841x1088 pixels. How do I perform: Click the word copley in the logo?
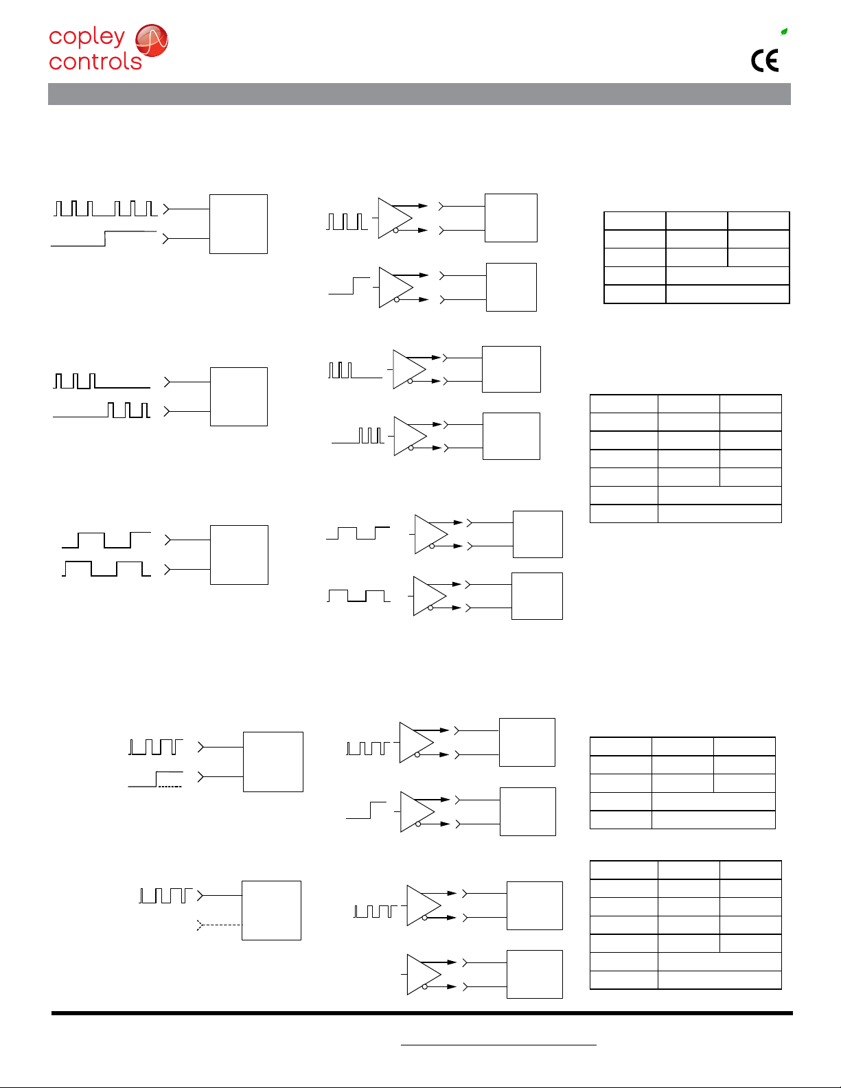(x=87, y=37)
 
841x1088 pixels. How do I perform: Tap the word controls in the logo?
(x=95, y=62)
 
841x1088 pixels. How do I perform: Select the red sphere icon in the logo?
(x=152, y=40)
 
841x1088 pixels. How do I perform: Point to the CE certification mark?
(x=764, y=60)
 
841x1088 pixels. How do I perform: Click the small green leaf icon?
(x=784, y=32)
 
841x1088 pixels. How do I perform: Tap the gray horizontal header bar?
(x=419, y=94)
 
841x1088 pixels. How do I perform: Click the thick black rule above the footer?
(x=422, y=1013)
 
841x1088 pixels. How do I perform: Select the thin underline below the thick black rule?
(x=498, y=1045)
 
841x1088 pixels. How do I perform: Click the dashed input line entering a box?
(x=220, y=925)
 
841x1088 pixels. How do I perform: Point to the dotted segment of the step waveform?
(x=170, y=787)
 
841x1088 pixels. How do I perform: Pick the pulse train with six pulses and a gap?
(x=106, y=208)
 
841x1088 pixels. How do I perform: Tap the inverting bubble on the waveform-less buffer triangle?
(x=424, y=986)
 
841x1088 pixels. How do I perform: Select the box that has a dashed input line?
(x=271, y=910)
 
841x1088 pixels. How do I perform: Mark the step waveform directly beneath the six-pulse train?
(x=104, y=239)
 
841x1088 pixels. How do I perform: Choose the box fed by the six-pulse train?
(x=238, y=224)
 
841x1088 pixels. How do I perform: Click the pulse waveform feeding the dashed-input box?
(x=165, y=895)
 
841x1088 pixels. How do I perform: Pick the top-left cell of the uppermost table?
(x=635, y=221)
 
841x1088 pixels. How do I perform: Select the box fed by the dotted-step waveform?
(x=273, y=761)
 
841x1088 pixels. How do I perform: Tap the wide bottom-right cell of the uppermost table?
(x=727, y=294)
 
